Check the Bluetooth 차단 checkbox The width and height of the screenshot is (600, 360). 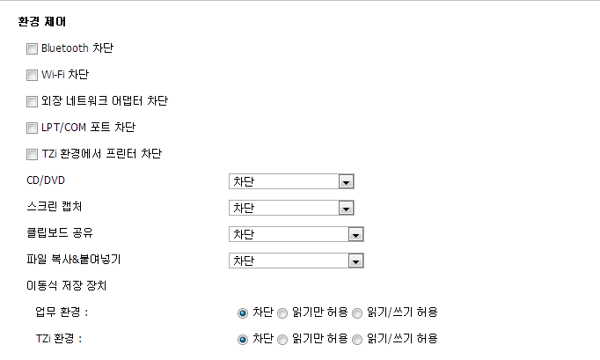click(33, 48)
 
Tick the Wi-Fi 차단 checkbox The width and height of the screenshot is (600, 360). click(33, 75)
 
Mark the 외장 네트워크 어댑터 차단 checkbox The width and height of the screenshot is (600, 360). click(33, 101)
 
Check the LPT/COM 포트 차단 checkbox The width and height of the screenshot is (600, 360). click(33, 128)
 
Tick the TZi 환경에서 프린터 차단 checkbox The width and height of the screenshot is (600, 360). click(33, 154)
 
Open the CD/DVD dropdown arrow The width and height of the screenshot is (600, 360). click(346, 182)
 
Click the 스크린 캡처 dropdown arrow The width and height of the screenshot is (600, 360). click(346, 209)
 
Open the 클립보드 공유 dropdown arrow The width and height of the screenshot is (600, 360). click(355, 235)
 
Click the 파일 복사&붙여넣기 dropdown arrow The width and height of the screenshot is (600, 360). click(355, 261)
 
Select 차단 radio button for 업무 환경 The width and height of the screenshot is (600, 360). click(243, 312)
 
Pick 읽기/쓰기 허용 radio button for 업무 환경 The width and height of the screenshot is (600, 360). click(357, 312)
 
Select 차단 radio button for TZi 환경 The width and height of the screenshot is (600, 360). click(243, 339)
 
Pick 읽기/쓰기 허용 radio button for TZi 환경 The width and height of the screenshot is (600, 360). click(357, 339)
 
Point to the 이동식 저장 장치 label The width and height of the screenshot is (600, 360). click(67, 285)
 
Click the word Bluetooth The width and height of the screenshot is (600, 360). click(64, 48)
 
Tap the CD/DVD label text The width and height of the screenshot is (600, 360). click(47, 181)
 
